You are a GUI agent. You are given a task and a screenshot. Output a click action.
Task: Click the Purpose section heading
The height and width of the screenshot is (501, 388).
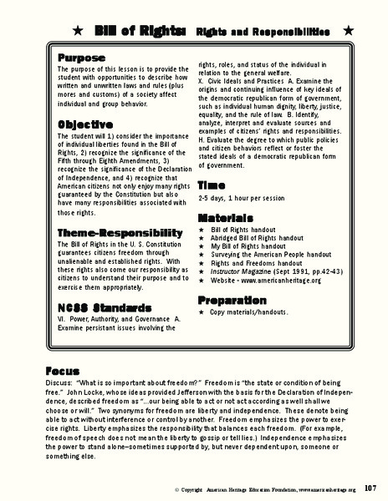[x=82, y=58]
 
